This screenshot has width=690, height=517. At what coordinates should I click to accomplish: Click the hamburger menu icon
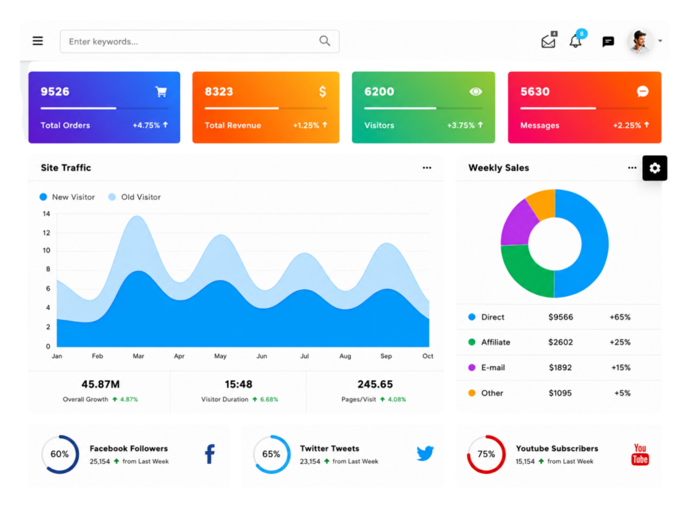[38, 41]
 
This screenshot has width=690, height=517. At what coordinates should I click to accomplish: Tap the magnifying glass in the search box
[325, 41]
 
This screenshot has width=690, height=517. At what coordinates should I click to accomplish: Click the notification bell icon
[575, 41]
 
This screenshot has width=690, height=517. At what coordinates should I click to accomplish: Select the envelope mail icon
[548, 41]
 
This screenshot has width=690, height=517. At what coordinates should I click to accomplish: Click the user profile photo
[640, 41]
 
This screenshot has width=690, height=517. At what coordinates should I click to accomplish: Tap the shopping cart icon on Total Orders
[161, 92]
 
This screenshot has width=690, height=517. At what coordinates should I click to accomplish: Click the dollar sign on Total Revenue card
[323, 92]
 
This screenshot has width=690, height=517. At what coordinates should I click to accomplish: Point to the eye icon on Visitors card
[476, 92]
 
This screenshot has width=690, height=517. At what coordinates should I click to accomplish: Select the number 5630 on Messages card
[535, 92]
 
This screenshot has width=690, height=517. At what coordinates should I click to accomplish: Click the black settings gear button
[655, 168]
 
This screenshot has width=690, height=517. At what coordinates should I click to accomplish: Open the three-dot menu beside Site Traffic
[427, 168]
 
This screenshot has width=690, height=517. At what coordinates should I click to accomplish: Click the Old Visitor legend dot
[113, 197]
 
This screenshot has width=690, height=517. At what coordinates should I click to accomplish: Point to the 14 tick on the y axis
[46, 214]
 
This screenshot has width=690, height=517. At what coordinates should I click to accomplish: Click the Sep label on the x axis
[386, 356]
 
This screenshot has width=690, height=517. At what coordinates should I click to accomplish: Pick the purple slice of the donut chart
[518, 224]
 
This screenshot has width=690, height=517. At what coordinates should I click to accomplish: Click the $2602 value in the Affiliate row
[561, 342]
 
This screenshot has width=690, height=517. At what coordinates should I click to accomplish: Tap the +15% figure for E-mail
[621, 368]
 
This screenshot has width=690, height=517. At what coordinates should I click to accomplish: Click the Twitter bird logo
[425, 453]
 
